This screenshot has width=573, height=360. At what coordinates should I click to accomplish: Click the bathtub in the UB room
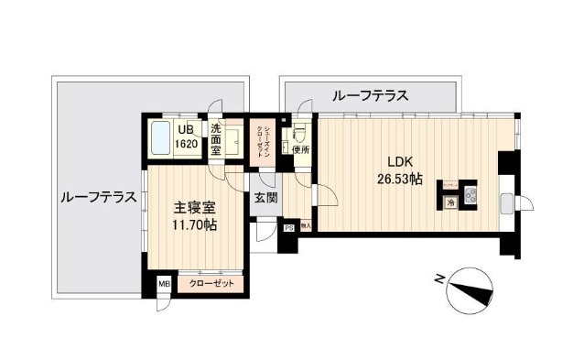161,139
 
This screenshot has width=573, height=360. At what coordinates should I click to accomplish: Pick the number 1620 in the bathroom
189,145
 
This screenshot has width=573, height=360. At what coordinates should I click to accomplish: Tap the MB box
165,285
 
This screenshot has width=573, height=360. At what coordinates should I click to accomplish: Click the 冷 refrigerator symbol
450,202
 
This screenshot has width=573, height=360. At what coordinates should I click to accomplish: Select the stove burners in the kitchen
471,196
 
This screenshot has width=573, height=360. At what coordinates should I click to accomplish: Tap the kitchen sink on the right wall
505,203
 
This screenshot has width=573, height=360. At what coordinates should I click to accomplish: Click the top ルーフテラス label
370,95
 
